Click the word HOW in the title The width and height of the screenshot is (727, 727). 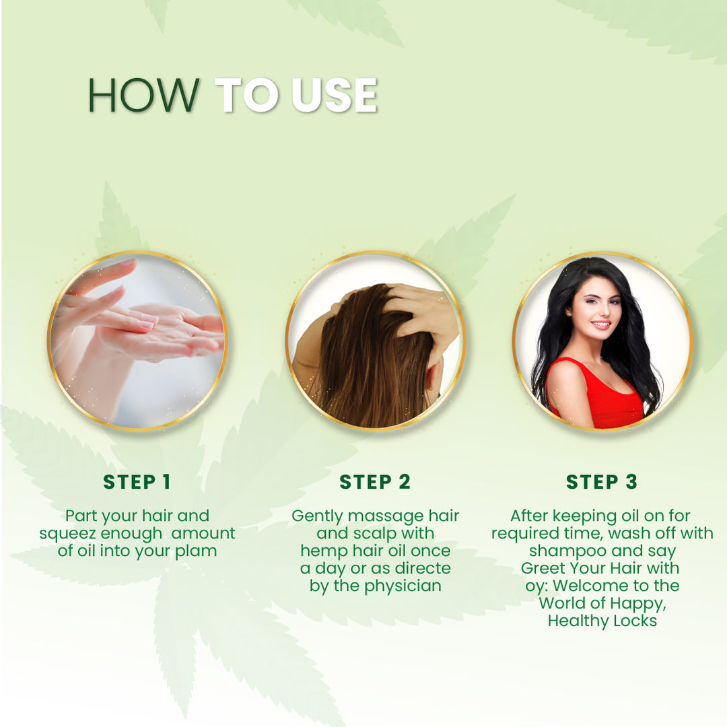click(143, 96)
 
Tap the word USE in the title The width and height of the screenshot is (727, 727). click(335, 96)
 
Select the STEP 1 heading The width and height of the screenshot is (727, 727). click(137, 482)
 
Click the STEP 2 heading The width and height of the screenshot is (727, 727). click(375, 482)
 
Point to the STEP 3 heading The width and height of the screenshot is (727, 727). click(601, 482)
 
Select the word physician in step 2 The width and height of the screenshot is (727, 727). click(403, 586)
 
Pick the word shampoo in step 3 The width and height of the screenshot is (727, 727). click(561, 551)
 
